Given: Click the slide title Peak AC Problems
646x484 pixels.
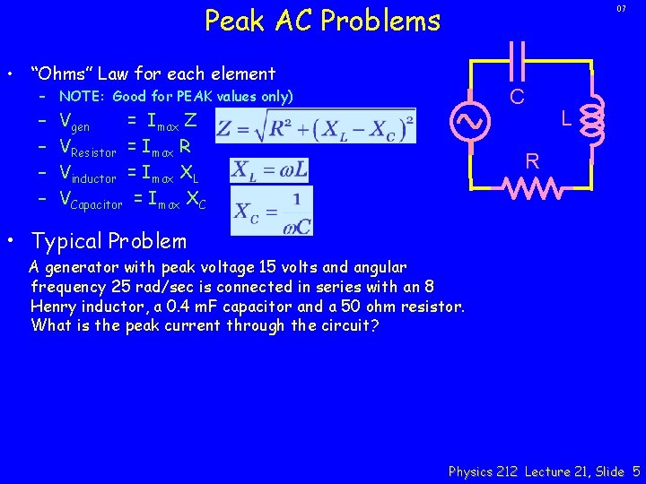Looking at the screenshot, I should (323, 20).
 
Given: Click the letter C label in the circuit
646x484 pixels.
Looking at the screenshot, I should (518, 96).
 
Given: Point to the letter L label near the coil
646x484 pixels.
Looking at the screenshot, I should (566, 118).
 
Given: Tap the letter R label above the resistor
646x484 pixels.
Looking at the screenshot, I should (532, 162).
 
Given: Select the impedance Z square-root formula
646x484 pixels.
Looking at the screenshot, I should (313, 126).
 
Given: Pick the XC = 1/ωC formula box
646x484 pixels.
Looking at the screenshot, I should (272, 211).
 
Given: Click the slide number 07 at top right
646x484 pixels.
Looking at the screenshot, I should (621, 9).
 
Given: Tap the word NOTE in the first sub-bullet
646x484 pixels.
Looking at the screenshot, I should (81, 97).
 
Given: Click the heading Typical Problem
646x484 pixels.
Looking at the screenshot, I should (109, 241).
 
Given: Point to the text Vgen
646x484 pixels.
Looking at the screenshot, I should (74, 123).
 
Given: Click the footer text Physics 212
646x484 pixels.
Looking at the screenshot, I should (483, 471).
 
